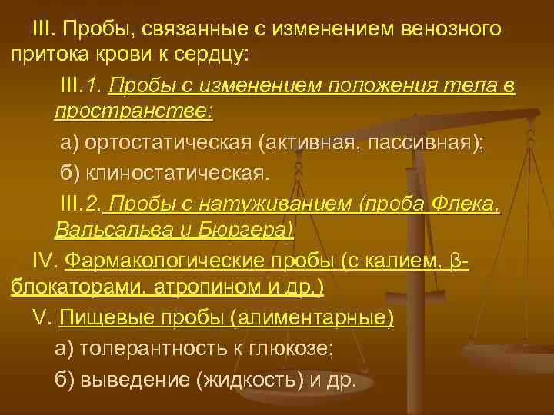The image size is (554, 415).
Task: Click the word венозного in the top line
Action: [x=452, y=29]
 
